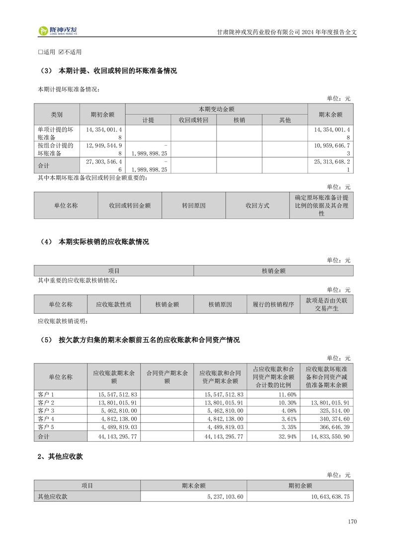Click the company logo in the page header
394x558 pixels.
pos(58,31)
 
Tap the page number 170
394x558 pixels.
pos(352,522)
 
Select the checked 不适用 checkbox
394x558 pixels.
pos(61,52)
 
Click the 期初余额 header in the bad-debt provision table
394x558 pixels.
pos(102,114)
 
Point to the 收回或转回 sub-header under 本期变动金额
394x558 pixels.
pos(193,120)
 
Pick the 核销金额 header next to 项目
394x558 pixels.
pos(273,271)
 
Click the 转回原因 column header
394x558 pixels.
pos(193,205)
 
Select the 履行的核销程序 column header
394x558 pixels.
pos(273,304)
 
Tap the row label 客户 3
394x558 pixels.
pos(46,411)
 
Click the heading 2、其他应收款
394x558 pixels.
pos(60,457)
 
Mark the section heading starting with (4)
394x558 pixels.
pos(94,242)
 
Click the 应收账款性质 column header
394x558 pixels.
pos(114,304)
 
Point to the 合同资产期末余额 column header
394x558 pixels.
pos(167,377)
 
